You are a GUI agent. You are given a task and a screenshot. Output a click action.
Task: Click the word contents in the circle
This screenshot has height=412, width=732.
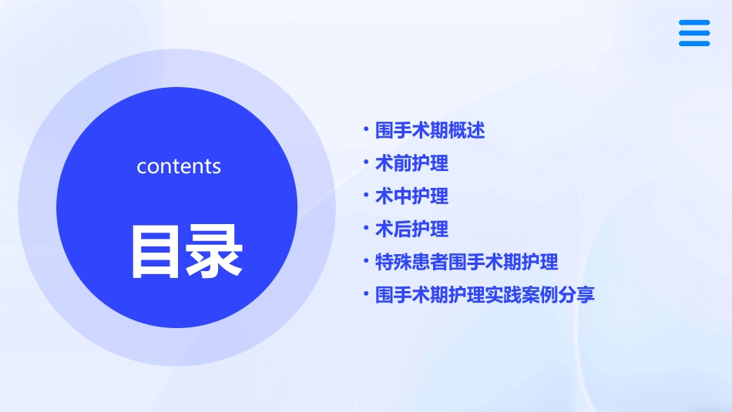[x=179, y=166]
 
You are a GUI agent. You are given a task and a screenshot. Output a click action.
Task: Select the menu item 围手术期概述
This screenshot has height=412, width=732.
[x=430, y=131]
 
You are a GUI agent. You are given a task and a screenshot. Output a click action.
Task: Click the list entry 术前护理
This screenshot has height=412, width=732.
[x=411, y=163]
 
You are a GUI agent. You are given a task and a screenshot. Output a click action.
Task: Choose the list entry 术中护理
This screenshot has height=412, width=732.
[x=411, y=196]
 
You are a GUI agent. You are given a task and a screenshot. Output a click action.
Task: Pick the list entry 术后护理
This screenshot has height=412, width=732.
[x=411, y=229]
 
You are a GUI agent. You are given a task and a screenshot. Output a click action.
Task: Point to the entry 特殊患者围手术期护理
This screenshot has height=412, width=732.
[x=466, y=262]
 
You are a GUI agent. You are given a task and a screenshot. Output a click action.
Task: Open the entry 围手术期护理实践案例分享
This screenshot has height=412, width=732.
[x=485, y=295]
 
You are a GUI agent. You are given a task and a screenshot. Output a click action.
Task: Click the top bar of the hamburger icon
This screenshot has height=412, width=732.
[x=694, y=23]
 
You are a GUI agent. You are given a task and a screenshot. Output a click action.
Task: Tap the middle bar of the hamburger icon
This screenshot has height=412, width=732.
[x=694, y=33]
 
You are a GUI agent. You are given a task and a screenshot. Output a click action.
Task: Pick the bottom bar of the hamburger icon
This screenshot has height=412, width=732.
[x=694, y=43]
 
